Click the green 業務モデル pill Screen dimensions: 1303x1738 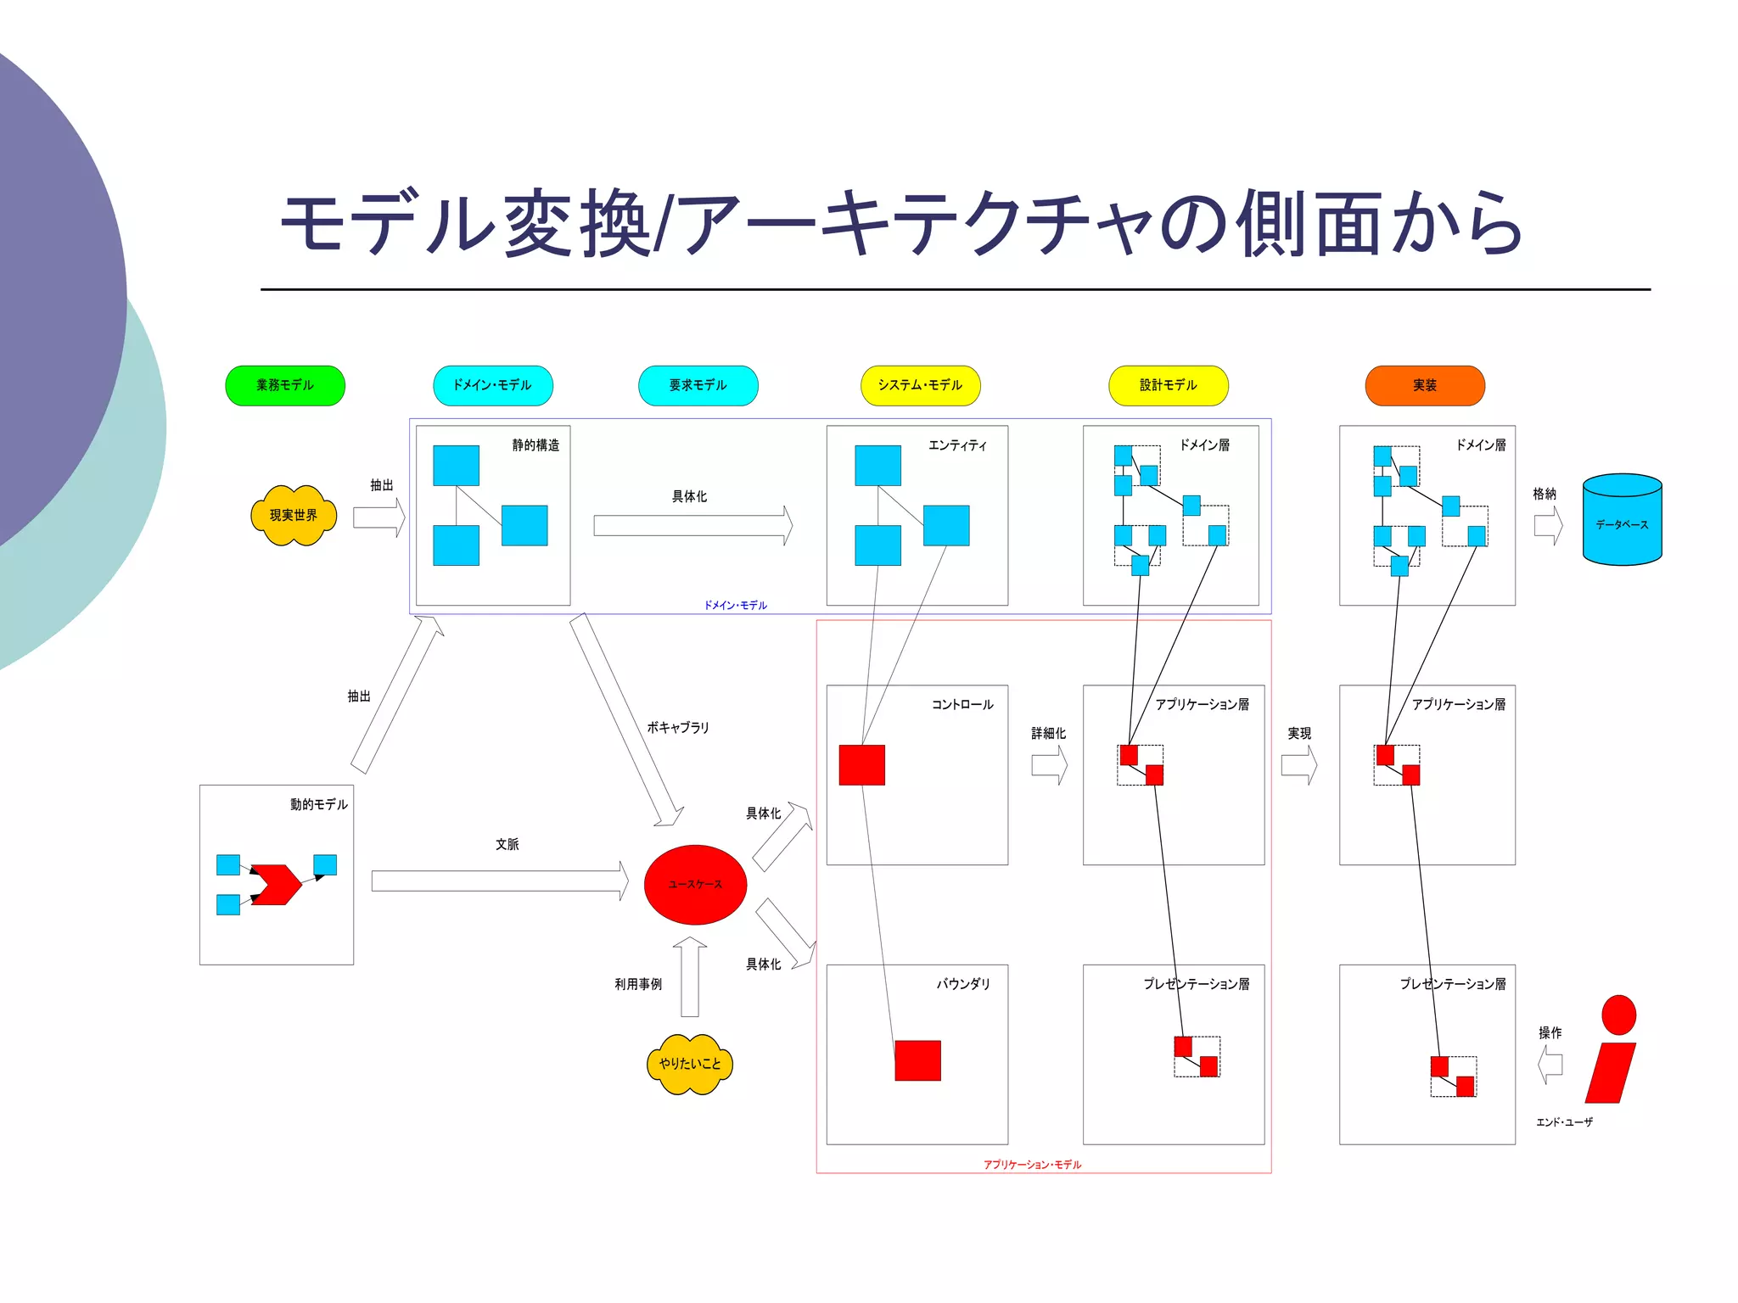[x=285, y=386]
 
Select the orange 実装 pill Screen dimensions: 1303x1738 [x=1425, y=386]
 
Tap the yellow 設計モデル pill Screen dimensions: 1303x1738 [x=1169, y=386]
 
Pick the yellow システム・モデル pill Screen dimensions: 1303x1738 [x=921, y=386]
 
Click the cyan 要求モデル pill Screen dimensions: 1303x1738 [x=698, y=386]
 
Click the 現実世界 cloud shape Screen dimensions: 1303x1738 [x=294, y=516]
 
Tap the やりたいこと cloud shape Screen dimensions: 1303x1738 [x=690, y=1064]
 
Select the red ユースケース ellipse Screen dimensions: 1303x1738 [x=695, y=884]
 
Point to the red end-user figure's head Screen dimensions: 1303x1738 [x=1618, y=1015]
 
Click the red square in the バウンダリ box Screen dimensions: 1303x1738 [x=917, y=1060]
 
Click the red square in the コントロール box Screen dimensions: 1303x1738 [x=861, y=765]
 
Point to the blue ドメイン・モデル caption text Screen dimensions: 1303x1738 [x=735, y=606]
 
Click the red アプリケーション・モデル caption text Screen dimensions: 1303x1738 [x=1032, y=1165]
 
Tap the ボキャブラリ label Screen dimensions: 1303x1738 [x=677, y=728]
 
